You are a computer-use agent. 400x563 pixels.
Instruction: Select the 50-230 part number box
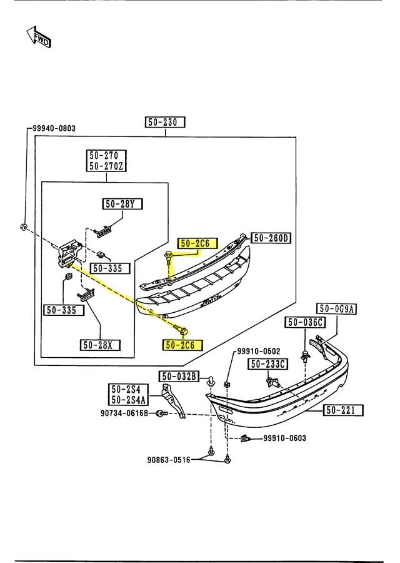166,123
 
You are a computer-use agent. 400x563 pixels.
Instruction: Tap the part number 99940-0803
54,129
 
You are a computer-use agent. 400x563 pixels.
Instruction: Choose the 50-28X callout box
101,345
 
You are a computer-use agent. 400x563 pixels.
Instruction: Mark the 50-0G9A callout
336,308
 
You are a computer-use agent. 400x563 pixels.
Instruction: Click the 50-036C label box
306,322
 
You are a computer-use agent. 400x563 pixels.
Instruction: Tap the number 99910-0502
258,352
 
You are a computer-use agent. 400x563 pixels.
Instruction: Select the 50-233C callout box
267,364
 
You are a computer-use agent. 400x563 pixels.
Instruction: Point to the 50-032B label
179,376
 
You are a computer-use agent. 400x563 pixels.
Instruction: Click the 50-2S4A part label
129,400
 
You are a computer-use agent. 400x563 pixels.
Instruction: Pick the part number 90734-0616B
124,413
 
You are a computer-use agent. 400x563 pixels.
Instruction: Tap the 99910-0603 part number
284,439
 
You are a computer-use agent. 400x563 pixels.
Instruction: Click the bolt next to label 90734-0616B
161,413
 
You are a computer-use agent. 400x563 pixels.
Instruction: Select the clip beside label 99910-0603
245,439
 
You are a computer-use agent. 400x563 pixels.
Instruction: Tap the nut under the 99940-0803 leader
22,226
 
